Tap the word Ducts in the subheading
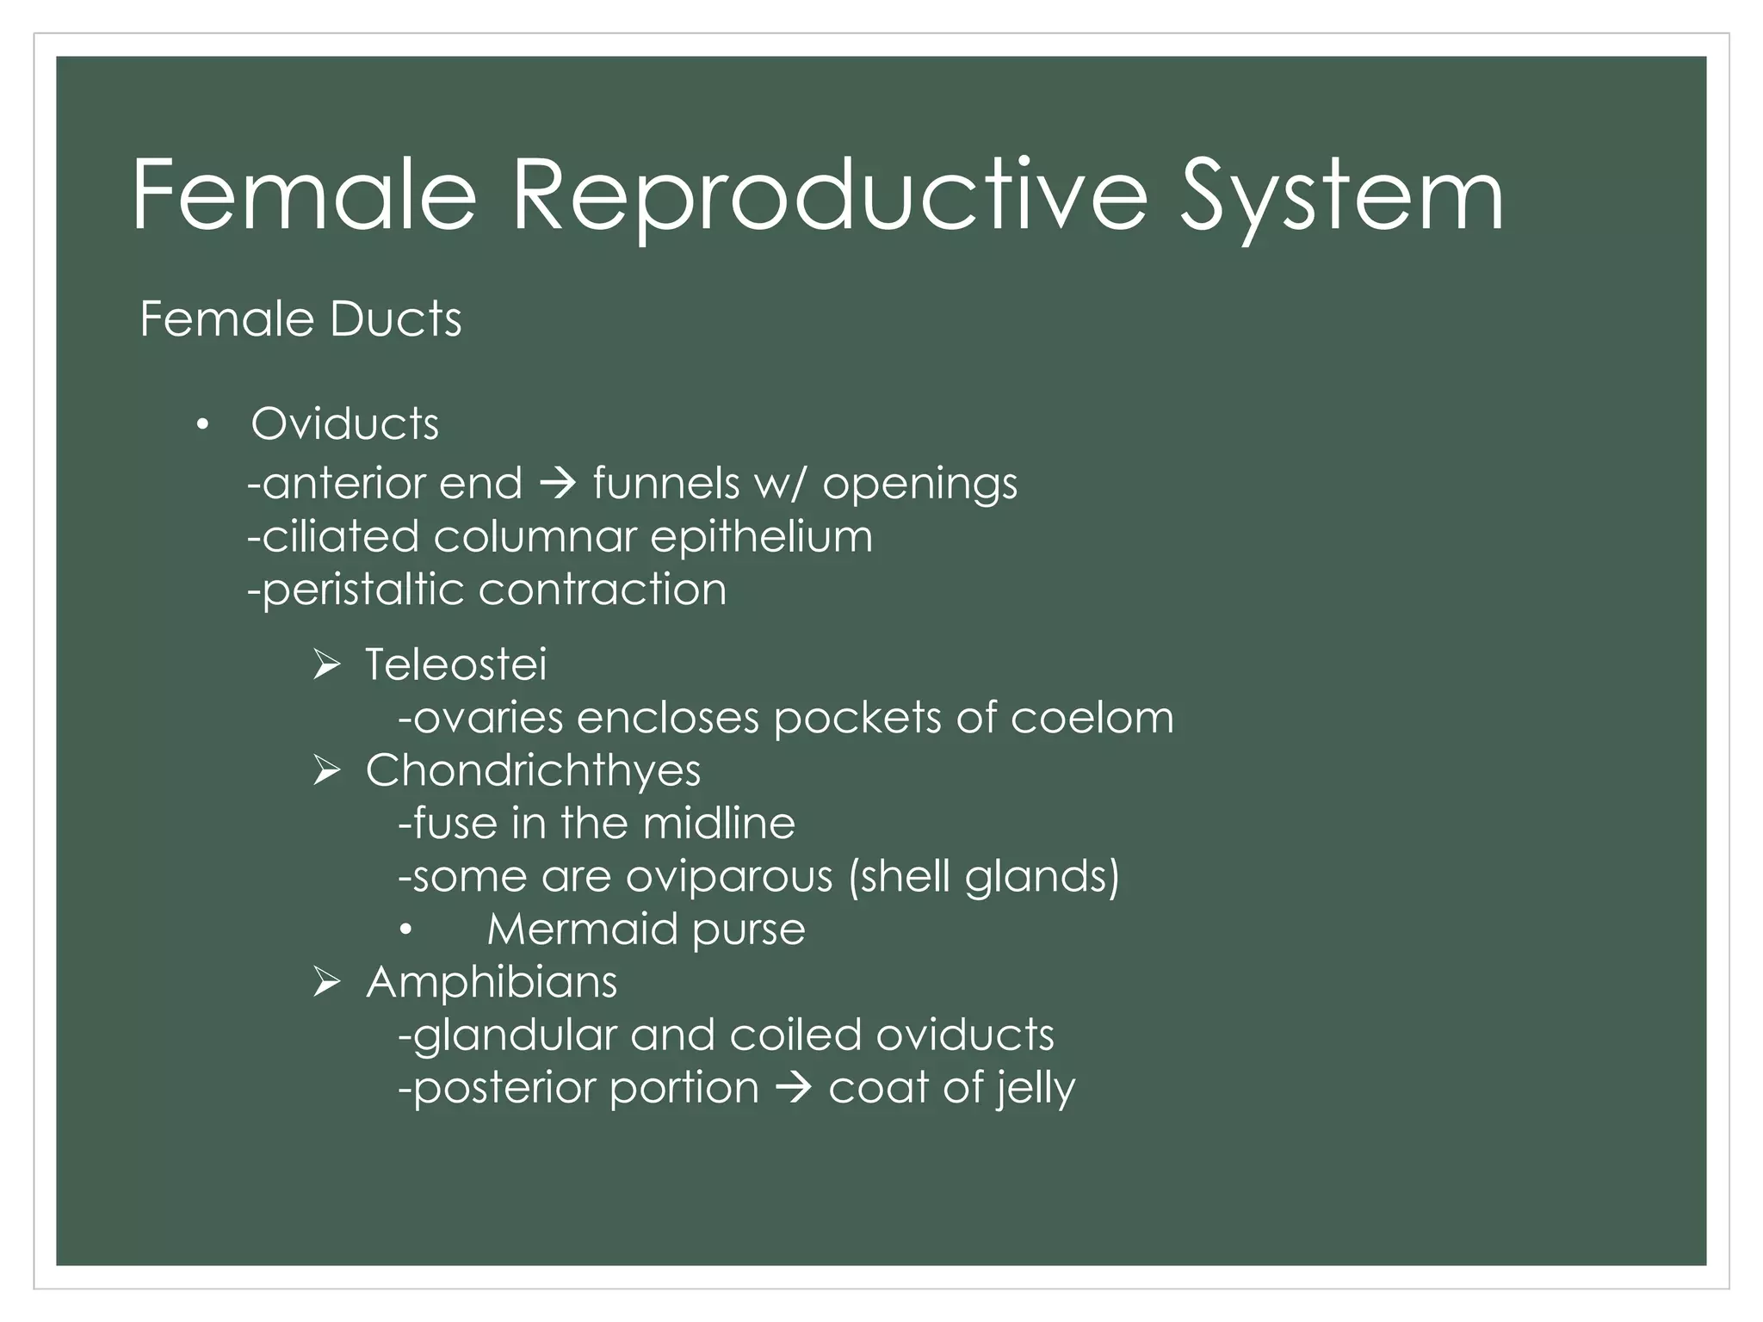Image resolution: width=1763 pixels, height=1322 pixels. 395,319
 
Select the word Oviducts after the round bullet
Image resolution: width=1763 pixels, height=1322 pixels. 344,424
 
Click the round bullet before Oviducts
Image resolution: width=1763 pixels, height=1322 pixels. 202,424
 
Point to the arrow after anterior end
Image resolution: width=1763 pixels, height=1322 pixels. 557,484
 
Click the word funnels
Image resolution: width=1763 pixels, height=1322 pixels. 665,484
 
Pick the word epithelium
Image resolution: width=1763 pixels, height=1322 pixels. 761,537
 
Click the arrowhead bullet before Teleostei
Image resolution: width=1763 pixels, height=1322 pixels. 328,664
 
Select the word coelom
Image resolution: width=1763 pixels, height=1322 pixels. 1092,718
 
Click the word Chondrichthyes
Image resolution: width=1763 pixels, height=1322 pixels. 533,770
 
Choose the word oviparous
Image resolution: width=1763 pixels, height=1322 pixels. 729,877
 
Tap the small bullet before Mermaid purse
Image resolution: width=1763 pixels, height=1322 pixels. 406,930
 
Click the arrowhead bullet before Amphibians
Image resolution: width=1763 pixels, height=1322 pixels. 328,982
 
